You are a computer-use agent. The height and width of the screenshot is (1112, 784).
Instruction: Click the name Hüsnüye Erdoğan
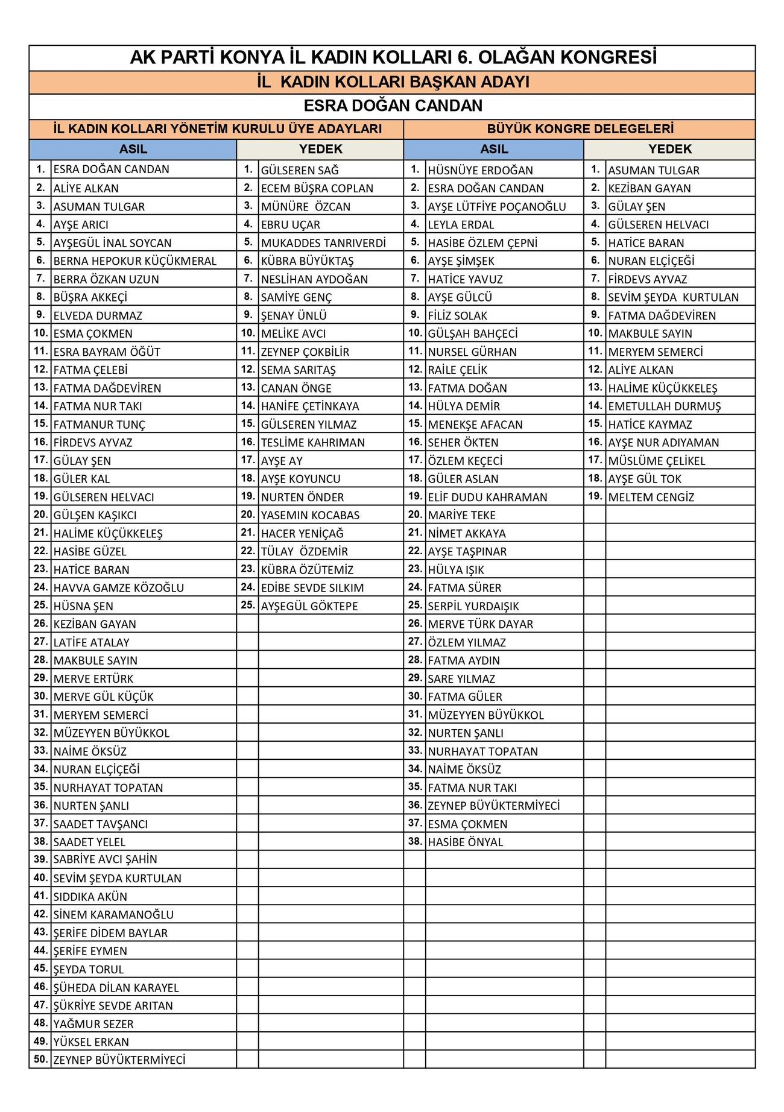click(x=480, y=170)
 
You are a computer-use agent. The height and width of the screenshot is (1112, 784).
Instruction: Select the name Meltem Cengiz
click(x=651, y=498)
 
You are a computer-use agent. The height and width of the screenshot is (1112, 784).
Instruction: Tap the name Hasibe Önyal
click(x=465, y=842)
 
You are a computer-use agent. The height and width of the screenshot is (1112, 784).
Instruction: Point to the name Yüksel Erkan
click(x=91, y=1041)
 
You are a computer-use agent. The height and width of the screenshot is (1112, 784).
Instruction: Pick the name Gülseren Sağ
click(x=300, y=170)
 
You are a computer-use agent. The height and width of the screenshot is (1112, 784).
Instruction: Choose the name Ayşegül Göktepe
click(x=309, y=606)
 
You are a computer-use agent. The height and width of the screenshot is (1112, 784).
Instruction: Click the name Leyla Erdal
click(x=461, y=224)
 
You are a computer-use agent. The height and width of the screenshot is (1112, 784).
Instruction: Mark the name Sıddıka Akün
click(x=90, y=896)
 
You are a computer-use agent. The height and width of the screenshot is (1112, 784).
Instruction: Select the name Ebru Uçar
click(x=290, y=224)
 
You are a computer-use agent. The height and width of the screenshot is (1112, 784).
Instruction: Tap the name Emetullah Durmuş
click(x=664, y=406)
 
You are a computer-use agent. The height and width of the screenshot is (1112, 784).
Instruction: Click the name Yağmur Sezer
click(x=93, y=1023)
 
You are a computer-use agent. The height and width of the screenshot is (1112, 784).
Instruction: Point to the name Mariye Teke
click(x=461, y=515)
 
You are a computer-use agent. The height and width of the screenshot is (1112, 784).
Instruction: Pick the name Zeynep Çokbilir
click(x=305, y=352)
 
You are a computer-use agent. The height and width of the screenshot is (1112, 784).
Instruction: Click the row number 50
click(x=40, y=1059)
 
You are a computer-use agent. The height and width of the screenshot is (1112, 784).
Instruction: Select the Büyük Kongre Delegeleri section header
click(x=580, y=128)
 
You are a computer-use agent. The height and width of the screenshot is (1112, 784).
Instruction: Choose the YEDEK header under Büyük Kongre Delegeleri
click(x=669, y=149)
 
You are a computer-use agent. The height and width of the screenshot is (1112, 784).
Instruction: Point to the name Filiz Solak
click(x=457, y=315)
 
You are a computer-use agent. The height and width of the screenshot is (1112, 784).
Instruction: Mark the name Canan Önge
click(x=296, y=388)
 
